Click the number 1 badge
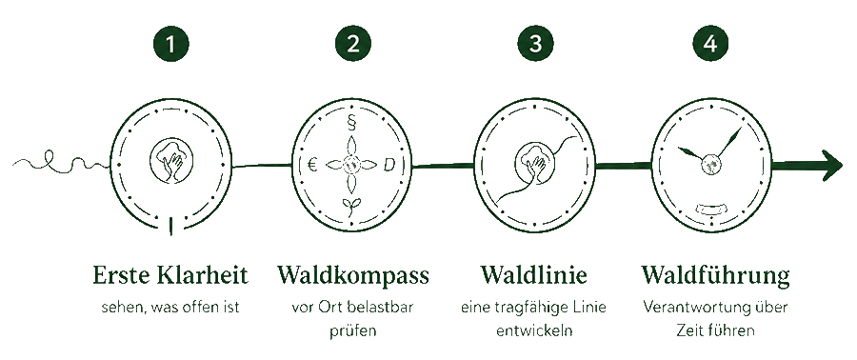171,44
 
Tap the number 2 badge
353,44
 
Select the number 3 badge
535,44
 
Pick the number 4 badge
710,44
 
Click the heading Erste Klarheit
170,275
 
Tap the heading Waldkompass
353,275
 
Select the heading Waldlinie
534,275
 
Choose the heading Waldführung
715,276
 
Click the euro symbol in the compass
312,165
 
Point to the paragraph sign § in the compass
351,124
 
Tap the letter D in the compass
389,165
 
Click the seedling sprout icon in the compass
351,207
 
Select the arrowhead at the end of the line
832,165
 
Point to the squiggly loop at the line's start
59,162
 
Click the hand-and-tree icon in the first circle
171,160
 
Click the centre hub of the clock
711,164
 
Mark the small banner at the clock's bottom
710,209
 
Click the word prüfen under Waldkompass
352,331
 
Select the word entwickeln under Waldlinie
534,330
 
